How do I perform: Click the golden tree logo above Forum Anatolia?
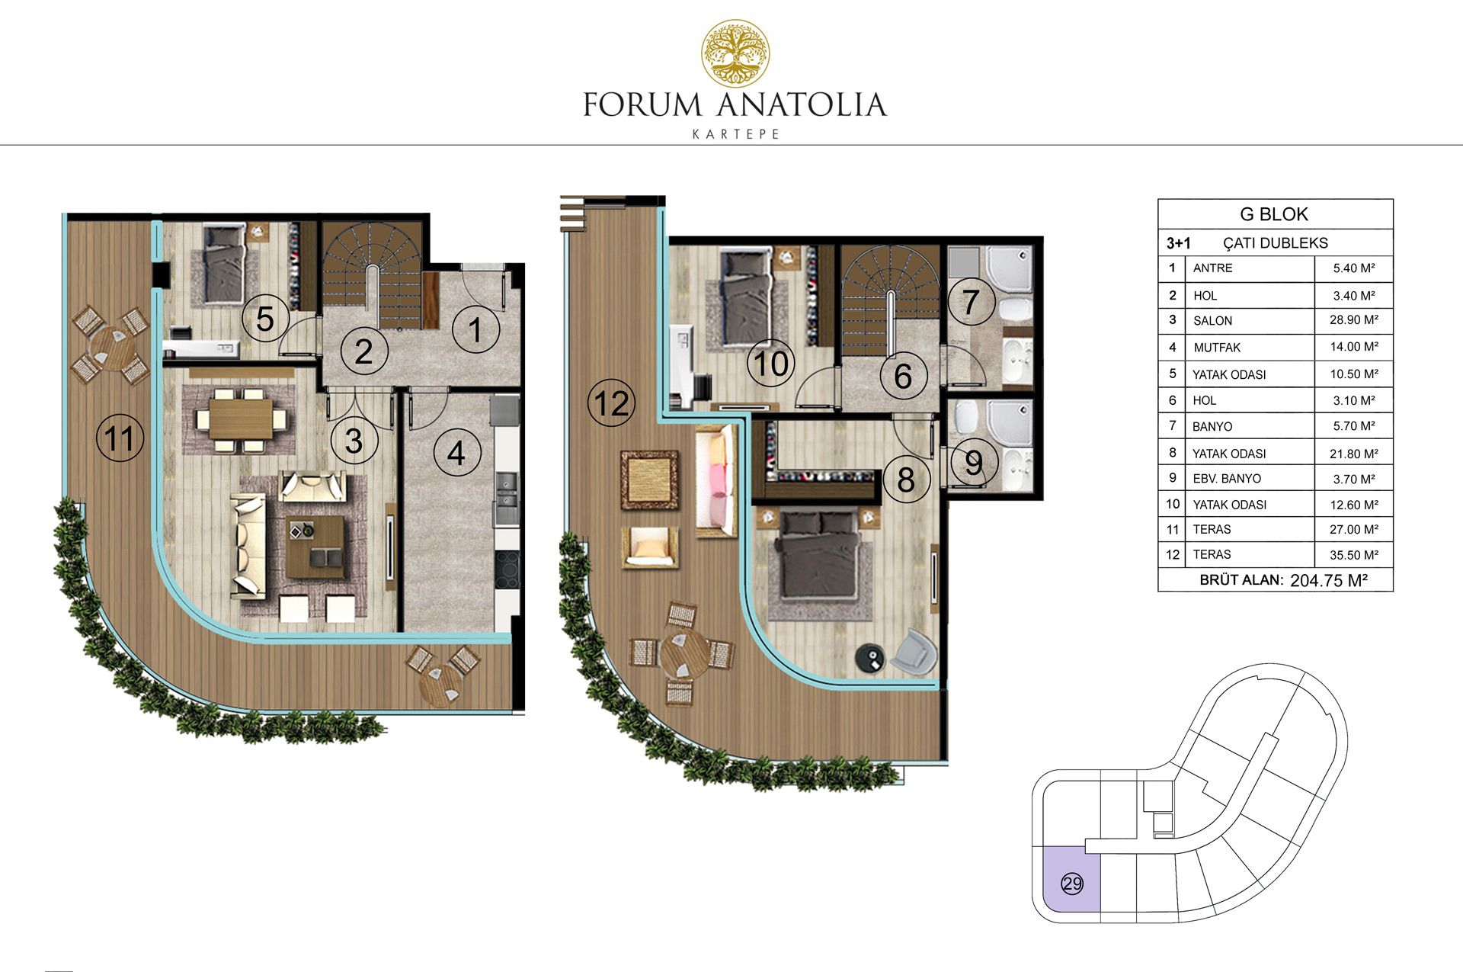coord(735,53)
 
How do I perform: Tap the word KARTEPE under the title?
coord(735,134)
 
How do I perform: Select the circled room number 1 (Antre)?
coord(475,330)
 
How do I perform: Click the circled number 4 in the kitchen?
coord(456,453)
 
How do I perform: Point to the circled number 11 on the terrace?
coord(120,438)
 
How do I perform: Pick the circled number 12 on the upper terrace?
coord(611,403)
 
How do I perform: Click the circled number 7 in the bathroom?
coord(971,301)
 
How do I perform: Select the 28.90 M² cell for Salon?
coord(1354,320)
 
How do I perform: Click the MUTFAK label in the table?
coord(1217,348)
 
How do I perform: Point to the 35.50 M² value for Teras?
coord(1354,555)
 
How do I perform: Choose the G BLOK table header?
coord(1274,214)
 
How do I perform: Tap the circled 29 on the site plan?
coord(1072,884)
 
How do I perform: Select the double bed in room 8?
coord(818,553)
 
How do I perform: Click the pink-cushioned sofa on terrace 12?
coord(716,482)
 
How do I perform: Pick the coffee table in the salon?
coord(315,547)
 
